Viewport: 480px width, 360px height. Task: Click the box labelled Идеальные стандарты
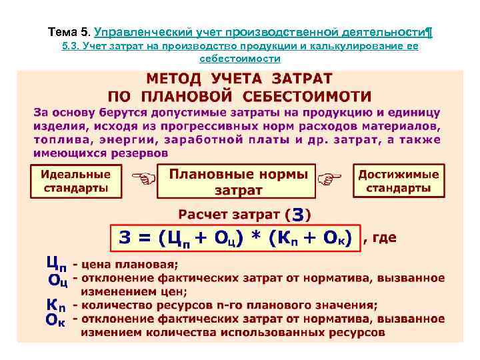pos(77,181)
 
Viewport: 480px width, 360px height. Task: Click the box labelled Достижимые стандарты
pos(399,181)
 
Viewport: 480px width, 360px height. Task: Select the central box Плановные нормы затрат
pos(238,182)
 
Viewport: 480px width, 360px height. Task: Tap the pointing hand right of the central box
pos(328,178)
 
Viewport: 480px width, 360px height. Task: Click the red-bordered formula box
pos(235,239)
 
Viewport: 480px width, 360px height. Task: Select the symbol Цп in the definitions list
pos(56,262)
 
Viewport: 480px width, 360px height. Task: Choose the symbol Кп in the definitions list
pos(56,304)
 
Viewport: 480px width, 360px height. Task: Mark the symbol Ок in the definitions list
pos(56,319)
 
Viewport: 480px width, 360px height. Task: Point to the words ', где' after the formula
pos(381,237)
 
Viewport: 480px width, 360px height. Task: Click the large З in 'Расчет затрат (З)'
pos(299,215)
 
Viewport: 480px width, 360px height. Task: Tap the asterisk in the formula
pos(257,239)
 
